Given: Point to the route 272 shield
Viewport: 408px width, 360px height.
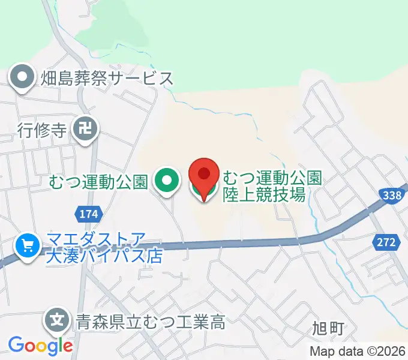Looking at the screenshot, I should (x=387, y=242).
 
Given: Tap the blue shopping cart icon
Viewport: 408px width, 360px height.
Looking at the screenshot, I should (x=27, y=245).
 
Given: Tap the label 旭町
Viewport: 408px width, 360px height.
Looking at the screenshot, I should (x=328, y=328).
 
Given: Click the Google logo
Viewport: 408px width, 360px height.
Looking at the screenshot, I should (x=40, y=346).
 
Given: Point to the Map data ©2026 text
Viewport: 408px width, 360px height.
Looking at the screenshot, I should (x=358, y=352).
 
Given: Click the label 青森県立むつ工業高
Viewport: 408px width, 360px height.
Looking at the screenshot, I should (x=150, y=322).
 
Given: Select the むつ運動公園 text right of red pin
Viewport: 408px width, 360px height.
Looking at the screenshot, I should (x=273, y=178).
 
